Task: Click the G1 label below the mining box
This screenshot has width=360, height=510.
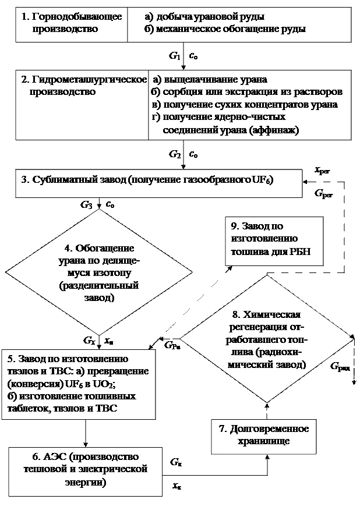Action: click(173, 56)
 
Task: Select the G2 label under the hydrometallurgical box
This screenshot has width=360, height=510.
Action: click(173, 155)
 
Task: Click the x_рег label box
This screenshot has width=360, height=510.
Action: click(322, 171)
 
